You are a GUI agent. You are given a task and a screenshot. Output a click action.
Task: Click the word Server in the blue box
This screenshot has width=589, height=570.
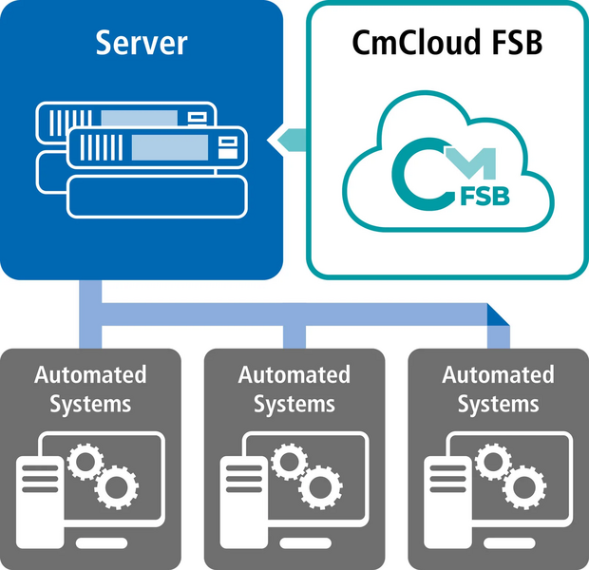pos(142,44)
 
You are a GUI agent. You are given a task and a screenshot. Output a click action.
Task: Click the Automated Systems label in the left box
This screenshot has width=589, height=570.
pos(90,388)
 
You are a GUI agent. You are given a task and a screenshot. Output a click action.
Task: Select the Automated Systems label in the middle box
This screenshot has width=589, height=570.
pos(294,388)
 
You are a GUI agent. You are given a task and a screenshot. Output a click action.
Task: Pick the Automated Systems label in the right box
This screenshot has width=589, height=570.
pos(498,388)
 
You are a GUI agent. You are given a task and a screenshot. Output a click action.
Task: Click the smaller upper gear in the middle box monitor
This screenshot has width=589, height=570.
pos(288,462)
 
